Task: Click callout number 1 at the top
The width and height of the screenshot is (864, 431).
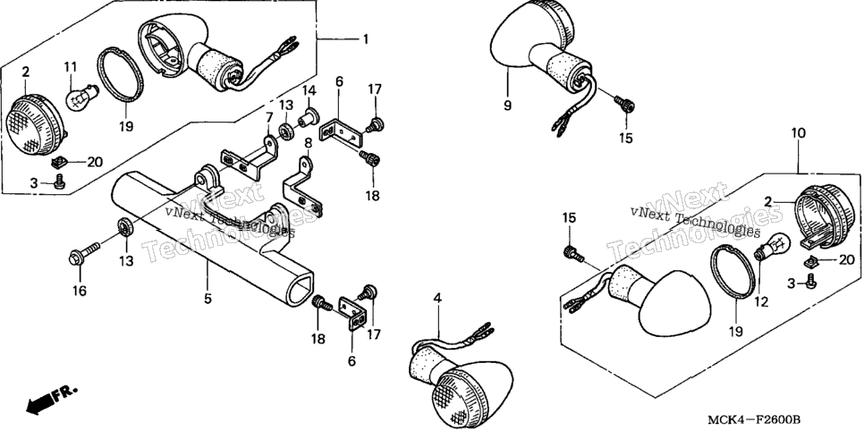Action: [365, 39]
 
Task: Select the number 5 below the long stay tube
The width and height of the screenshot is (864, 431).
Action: [208, 299]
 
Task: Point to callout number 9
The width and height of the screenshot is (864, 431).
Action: [507, 105]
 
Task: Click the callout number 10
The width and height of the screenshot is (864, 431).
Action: [799, 133]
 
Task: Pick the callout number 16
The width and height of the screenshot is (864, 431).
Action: [80, 291]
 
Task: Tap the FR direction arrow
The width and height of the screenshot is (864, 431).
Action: [51, 400]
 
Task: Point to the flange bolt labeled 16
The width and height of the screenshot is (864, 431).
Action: [84, 255]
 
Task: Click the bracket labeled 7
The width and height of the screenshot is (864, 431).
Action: [250, 156]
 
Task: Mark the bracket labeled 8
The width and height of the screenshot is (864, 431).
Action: [302, 189]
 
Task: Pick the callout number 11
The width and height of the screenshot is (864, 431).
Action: [70, 67]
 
